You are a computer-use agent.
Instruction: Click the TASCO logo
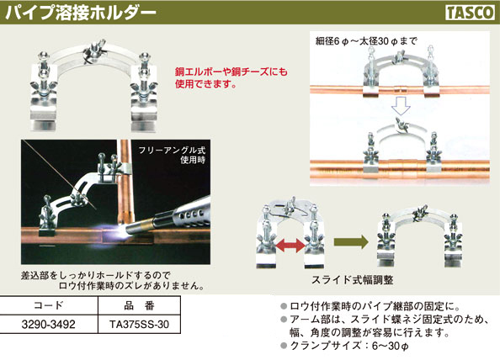(470, 13)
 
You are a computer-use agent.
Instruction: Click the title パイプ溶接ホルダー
(81, 13)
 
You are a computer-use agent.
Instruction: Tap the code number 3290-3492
(49, 325)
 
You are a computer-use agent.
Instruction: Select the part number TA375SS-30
(139, 325)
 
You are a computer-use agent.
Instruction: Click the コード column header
(49, 305)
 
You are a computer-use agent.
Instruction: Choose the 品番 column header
(139, 305)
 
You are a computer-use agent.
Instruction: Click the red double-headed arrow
(290, 246)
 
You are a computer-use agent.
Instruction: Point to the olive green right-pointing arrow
(351, 242)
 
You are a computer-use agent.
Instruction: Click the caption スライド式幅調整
(353, 280)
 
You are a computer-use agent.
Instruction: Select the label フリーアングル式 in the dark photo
(172, 150)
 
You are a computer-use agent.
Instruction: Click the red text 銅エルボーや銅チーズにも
(231, 71)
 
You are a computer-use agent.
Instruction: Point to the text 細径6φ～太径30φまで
(366, 41)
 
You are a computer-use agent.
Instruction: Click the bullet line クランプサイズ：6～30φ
(345, 346)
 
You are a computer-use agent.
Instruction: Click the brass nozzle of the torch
(140, 224)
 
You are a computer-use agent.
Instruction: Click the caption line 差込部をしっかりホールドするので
(96, 275)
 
